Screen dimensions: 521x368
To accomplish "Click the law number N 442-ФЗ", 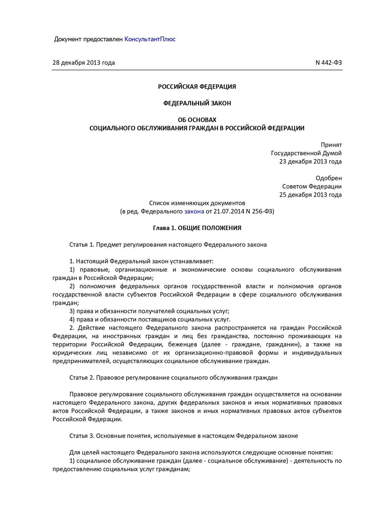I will [x=328, y=63].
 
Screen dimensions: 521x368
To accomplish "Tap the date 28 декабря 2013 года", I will [x=84, y=63].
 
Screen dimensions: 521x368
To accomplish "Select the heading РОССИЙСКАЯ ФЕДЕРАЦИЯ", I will [x=197, y=87].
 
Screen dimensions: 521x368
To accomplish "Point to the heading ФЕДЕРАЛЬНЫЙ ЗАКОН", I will [x=197, y=103].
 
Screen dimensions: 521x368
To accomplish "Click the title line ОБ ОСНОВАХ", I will [x=197, y=120].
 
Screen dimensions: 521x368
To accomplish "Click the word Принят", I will [x=331, y=145].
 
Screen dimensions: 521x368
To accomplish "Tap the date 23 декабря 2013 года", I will [x=310, y=162].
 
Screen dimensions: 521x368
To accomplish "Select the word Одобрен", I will [x=328, y=178].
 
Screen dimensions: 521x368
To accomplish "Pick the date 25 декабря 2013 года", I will [x=310, y=195].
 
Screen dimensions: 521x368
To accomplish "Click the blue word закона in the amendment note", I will [x=194, y=211].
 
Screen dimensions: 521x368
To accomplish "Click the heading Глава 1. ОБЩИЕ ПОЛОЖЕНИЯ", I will [x=197, y=228].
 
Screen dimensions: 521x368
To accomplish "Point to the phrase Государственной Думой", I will [x=306, y=153].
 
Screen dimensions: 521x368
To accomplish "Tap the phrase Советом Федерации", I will [x=312, y=187].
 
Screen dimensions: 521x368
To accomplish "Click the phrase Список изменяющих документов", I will [x=197, y=203].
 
